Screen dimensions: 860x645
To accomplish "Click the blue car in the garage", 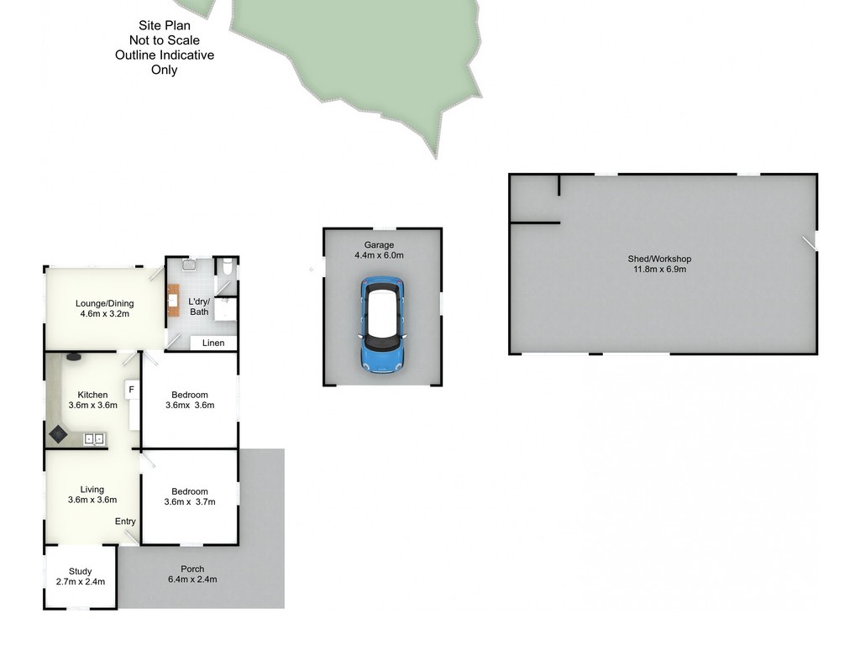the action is [382, 325].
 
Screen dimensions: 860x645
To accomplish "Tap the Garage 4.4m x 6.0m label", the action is [379, 250].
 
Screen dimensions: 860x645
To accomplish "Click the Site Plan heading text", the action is [165, 25].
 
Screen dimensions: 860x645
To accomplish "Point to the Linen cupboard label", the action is [213, 343].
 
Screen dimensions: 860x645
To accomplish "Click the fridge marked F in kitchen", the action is [132, 390].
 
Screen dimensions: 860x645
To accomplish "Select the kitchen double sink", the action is [94, 438].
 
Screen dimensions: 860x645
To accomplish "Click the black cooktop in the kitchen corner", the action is [58, 435].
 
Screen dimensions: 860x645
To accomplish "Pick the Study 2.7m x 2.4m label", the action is [81, 576].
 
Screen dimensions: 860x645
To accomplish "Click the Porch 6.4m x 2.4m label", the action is [192, 574].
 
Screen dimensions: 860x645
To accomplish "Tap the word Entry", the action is [125, 521].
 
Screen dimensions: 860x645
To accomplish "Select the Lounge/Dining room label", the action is [105, 308].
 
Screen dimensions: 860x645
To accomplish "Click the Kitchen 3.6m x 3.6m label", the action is [92, 400].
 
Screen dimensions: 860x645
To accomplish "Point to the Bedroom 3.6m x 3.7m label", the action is [190, 496].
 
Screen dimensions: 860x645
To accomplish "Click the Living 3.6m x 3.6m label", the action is [92, 494].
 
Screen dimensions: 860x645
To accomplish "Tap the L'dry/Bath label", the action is [199, 307].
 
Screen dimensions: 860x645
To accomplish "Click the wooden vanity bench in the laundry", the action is [173, 300].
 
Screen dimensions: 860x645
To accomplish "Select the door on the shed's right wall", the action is [810, 244].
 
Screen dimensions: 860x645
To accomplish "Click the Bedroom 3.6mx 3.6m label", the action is [190, 400].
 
